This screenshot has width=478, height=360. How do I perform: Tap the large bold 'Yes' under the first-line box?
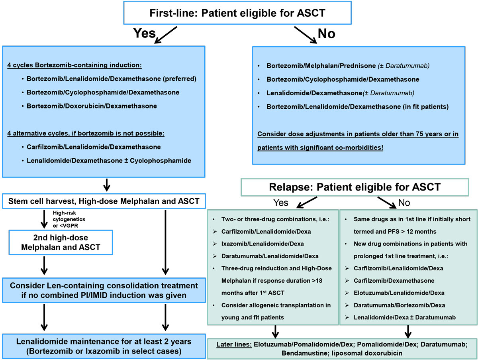[144, 33]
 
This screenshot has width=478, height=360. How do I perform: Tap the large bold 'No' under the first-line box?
[326, 34]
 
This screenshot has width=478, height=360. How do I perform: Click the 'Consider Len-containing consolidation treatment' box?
[104, 291]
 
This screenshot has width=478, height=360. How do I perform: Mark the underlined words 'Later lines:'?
[234, 344]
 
